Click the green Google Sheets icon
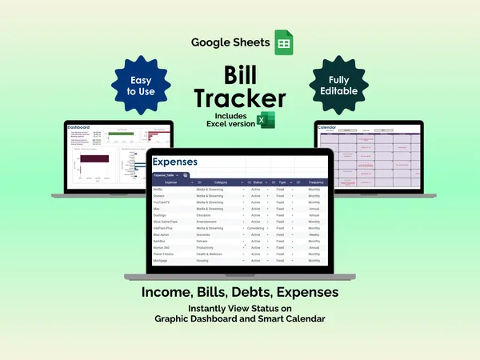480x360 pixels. click(283, 42)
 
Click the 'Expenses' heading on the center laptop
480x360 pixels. click(176, 162)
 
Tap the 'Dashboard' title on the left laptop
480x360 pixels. click(78, 127)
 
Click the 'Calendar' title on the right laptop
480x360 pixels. click(328, 127)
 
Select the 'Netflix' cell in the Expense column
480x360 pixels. click(158, 189)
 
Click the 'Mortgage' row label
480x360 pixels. click(161, 261)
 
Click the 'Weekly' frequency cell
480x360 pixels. click(314, 234)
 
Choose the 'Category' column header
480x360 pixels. click(221, 182)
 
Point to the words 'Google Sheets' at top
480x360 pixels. click(230, 42)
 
